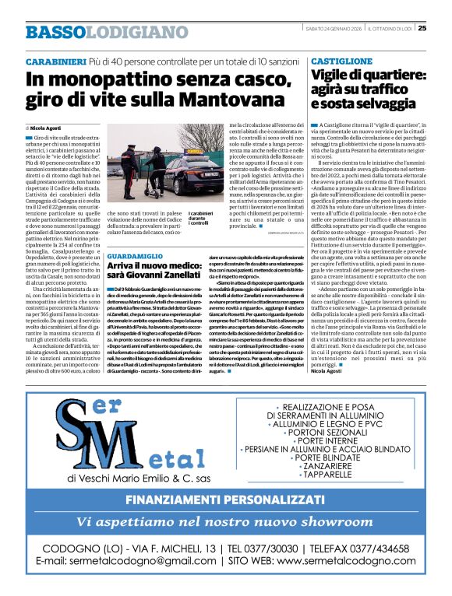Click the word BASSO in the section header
54,32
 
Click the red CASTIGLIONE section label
341,60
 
